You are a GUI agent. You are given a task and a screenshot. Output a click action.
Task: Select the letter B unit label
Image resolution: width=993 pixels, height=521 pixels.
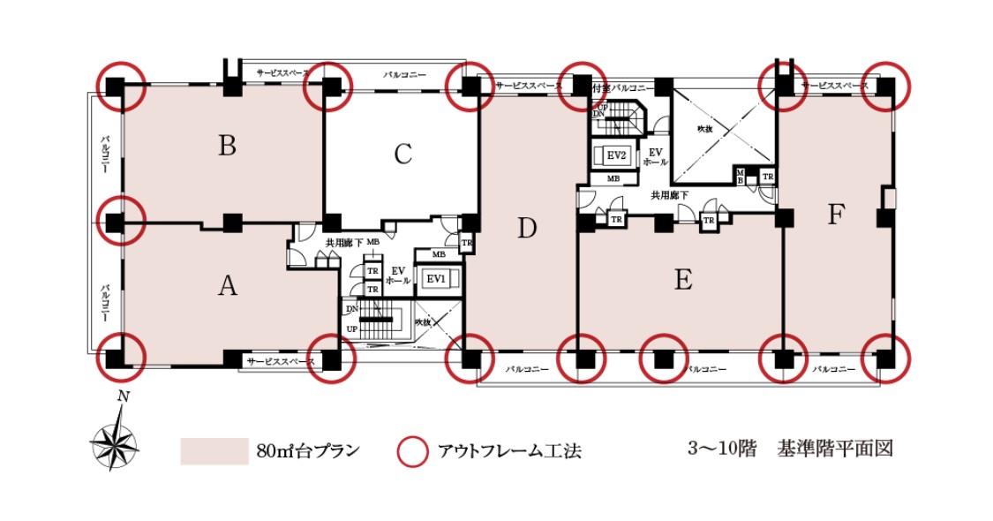click(228, 146)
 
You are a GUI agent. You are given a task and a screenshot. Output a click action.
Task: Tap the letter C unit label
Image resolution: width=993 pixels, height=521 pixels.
click(403, 155)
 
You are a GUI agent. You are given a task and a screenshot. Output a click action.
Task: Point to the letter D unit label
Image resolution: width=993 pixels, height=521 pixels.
click(527, 229)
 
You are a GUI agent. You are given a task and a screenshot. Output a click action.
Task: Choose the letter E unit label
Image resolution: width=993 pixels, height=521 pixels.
click(682, 280)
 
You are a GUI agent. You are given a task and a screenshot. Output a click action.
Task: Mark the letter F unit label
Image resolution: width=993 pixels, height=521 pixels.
click(836, 215)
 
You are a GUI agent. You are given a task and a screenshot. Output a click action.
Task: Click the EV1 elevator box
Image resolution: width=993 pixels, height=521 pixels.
click(436, 279)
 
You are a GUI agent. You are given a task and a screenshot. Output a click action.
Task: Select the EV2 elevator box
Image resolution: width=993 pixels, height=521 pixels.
click(616, 155)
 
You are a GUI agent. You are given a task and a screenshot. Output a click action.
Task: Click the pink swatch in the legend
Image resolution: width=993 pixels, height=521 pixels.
click(214, 450)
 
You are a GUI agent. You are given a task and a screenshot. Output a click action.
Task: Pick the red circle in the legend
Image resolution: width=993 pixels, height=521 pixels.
click(411, 451)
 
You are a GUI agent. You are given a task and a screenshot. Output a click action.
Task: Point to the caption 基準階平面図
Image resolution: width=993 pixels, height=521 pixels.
click(835, 449)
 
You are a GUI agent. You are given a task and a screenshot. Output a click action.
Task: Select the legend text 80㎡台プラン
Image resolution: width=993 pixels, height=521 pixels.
click(308, 451)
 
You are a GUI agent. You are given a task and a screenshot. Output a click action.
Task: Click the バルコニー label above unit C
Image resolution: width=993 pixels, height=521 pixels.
click(403, 75)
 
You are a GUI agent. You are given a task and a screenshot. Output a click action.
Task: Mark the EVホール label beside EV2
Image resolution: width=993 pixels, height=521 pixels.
click(655, 156)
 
